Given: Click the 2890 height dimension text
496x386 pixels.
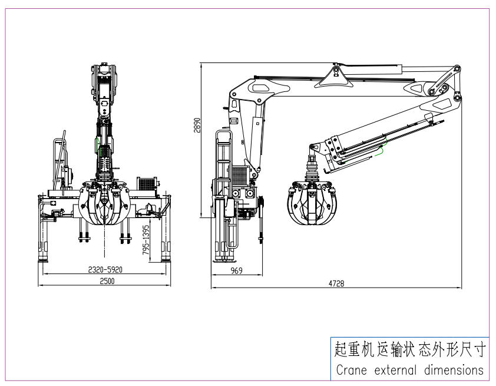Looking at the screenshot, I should [x=199, y=126].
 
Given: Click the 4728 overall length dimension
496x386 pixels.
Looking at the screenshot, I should [x=336, y=283].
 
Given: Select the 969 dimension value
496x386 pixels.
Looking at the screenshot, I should [x=237, y=270].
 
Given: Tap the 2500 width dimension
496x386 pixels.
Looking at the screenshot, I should [x=107, y=281].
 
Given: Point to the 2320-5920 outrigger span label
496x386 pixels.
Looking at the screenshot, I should [x=105, y=269].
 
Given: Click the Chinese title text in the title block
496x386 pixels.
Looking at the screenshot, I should [x=408, y=350].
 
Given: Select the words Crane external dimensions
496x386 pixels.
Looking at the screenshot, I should [x=408, y=370].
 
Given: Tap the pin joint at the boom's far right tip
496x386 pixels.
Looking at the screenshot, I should [x=457, y=70].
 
